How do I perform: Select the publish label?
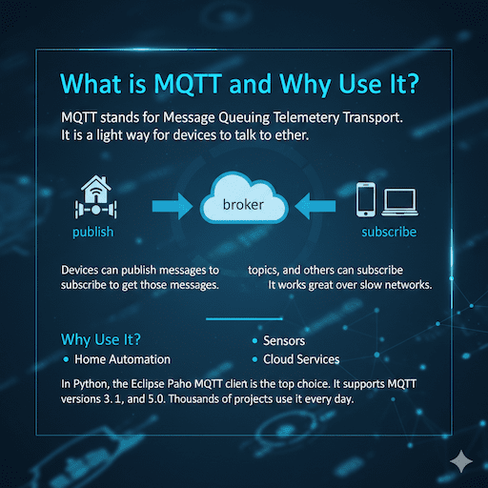(92, 232)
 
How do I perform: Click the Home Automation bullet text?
(123, 359)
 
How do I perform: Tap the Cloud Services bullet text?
(302, 359)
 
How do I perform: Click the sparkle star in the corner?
(461, 459)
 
